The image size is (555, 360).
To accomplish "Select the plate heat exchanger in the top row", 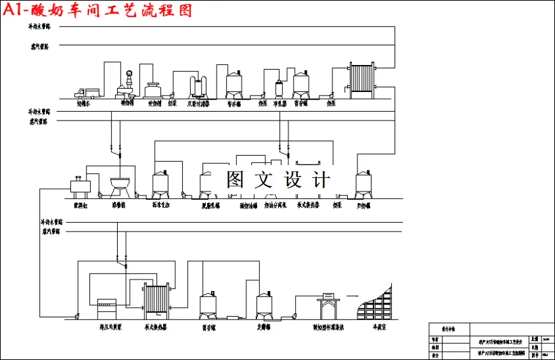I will (361, 81).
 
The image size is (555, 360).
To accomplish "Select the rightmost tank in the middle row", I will (365, 183).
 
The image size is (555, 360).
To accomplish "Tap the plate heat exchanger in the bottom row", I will (155, 300).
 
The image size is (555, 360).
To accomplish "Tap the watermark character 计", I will (321, 179).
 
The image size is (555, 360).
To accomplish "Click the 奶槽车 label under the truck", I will (84, 104).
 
